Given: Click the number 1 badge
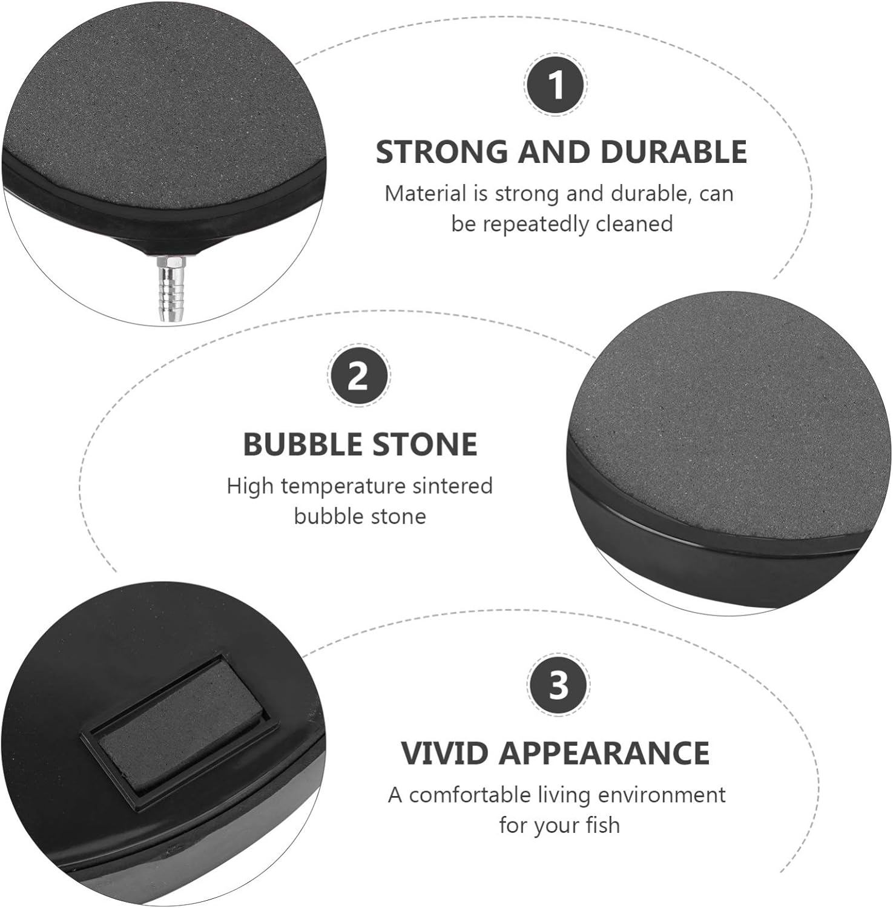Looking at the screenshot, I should coord(556,85).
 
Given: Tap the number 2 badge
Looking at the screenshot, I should coord(358,377).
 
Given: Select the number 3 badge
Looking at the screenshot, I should coord(558,685).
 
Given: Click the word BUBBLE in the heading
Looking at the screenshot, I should coord(300,444).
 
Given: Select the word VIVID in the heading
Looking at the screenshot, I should coord(444,752).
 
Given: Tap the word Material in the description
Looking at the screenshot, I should coord(426,194).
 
